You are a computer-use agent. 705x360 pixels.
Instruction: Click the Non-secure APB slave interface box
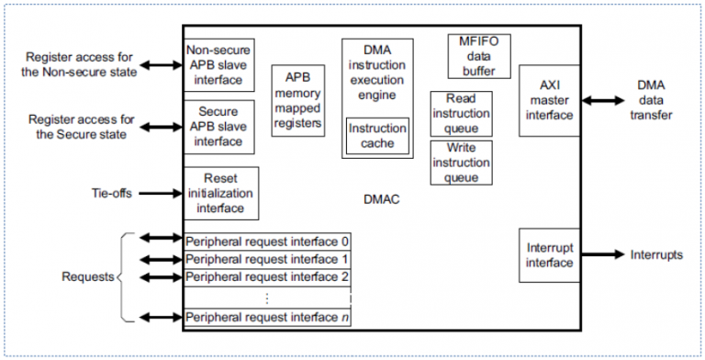219,65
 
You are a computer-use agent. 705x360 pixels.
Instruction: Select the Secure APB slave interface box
219,127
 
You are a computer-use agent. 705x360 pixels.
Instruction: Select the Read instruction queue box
461,113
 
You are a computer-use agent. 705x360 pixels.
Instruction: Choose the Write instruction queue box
461,163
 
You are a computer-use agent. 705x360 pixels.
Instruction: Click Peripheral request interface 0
267,242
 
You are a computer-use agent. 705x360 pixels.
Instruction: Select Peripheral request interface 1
267,260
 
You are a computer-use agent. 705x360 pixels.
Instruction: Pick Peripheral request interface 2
267,276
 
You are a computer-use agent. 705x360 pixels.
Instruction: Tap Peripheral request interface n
267,318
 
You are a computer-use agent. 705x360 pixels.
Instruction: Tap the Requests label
87,276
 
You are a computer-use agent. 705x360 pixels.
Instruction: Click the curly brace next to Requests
124,276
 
